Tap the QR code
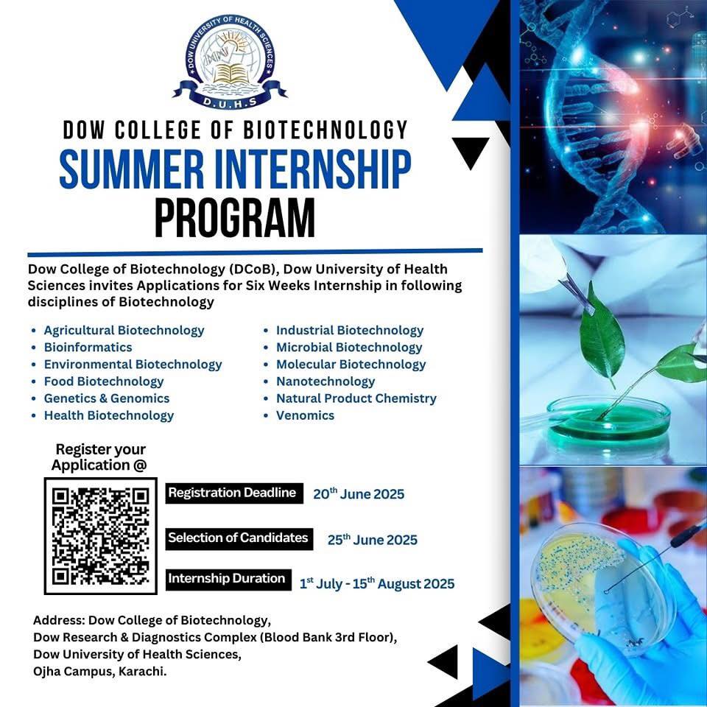pos(101,535)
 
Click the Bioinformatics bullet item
pos(88,347)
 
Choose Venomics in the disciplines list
pos(305,415)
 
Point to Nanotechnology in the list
pos(326,381)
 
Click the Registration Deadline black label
pos(234,493)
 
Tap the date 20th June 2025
pos(359,493)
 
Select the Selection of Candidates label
pos(239,538)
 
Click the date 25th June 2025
pos(373,539)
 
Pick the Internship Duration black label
pos(228,580)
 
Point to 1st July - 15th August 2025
pos(377,583)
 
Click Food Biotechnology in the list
pos(104,381)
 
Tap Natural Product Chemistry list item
pos(356,398)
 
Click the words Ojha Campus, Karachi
pos(100,672)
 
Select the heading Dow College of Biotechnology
pos(236,130)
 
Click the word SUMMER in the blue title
pos(132,169)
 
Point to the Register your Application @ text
pos(99,457)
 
